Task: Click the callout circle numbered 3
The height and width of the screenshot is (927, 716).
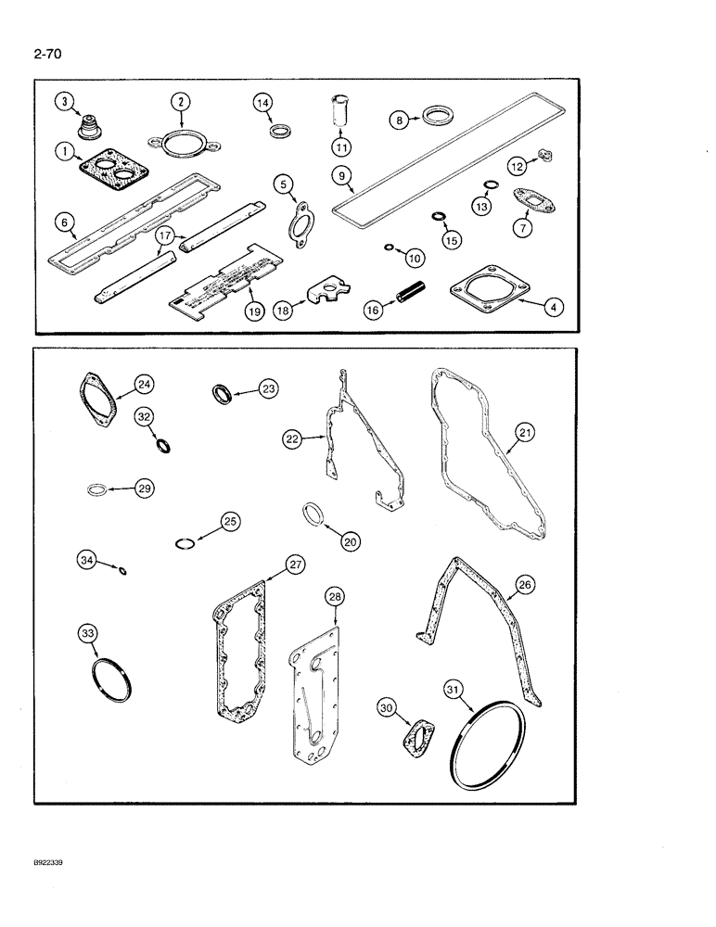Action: [x=63, y=102]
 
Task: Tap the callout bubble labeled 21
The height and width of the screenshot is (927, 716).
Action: [x=525, y=432]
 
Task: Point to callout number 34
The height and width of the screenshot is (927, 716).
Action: [x=86, y=559]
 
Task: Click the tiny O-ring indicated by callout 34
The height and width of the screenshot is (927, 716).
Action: [x=123, y=569]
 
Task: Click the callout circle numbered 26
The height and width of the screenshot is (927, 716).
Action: [x=525, y=585]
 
